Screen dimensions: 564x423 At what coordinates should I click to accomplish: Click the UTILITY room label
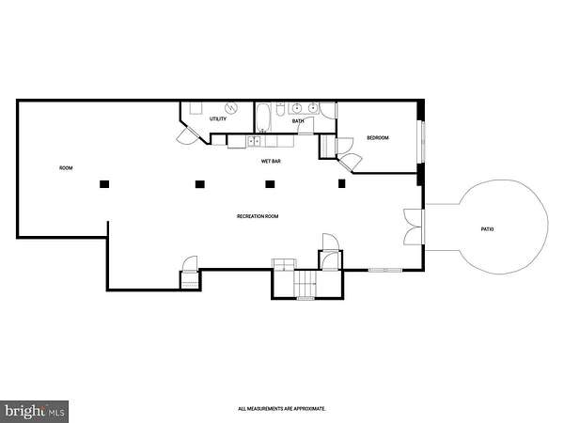(x=218, y=118)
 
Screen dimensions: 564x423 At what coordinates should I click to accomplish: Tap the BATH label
(x=298, y=121)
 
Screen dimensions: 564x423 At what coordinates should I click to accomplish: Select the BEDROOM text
(x=378, y=138)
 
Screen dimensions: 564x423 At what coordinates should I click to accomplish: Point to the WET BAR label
(x=271, y=161)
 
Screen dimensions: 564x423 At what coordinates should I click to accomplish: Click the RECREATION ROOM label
(x=258, y=216)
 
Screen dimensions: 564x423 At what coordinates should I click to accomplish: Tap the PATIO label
(x=487, y=229)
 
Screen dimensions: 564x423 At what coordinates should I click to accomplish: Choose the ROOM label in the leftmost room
(x=66, y=168)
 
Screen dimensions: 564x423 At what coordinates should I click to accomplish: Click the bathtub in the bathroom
(x=263, y=117)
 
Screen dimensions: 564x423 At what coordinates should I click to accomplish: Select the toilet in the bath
(x=280, y=109)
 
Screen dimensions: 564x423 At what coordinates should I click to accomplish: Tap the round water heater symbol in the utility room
(x=231, y=107)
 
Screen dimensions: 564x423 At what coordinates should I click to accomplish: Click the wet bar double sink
(x=255, y=141)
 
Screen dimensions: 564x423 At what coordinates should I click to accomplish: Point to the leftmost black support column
(x=104, y=184)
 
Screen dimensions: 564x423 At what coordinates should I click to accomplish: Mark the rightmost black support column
(x=342, y=183)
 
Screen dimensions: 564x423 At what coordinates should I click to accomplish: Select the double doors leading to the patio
(x=415, y=227)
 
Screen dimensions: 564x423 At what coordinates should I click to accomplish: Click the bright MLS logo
(x=35, y=411)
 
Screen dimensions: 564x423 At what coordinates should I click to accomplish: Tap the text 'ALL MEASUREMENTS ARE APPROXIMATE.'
(x=282, y=409)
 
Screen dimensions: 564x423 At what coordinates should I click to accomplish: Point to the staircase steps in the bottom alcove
(x=305, y=283)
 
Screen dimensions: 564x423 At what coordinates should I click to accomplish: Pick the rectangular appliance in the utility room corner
(x=196, y=108)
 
